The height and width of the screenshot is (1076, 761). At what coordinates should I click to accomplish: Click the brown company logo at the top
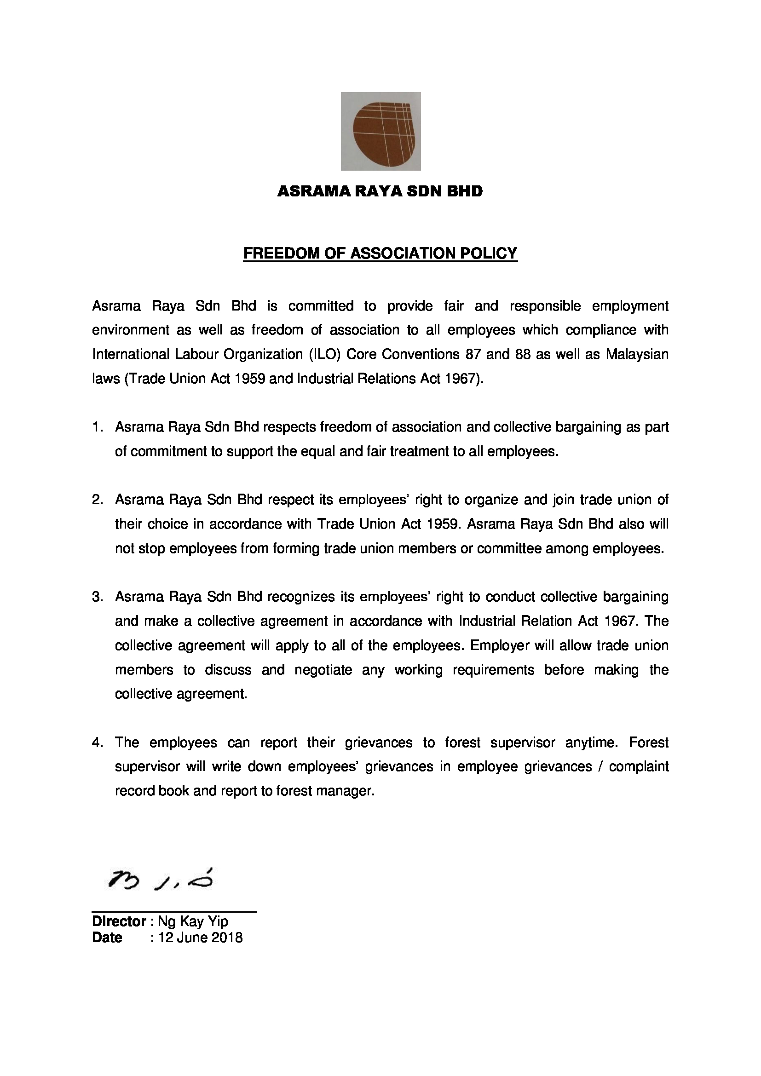(380, 131)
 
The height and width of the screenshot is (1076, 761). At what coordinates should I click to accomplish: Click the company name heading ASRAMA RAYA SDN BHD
(380, 191)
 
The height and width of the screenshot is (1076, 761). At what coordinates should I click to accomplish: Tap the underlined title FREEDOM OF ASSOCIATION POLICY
(380, 253)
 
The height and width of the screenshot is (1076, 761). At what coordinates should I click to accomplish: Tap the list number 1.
(97, 427)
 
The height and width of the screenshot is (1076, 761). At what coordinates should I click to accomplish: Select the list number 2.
(97, 500)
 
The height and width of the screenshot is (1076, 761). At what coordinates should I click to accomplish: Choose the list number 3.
(97, 597)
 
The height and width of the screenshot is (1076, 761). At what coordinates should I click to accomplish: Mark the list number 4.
(97, 743)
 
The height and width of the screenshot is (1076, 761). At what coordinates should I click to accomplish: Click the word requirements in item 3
(493, 670)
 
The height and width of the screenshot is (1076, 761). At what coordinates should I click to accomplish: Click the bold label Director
(119, 921)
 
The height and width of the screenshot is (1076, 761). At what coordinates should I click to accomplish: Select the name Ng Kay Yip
(193, 921)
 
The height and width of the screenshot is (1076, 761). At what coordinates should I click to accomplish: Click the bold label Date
(107, 938)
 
